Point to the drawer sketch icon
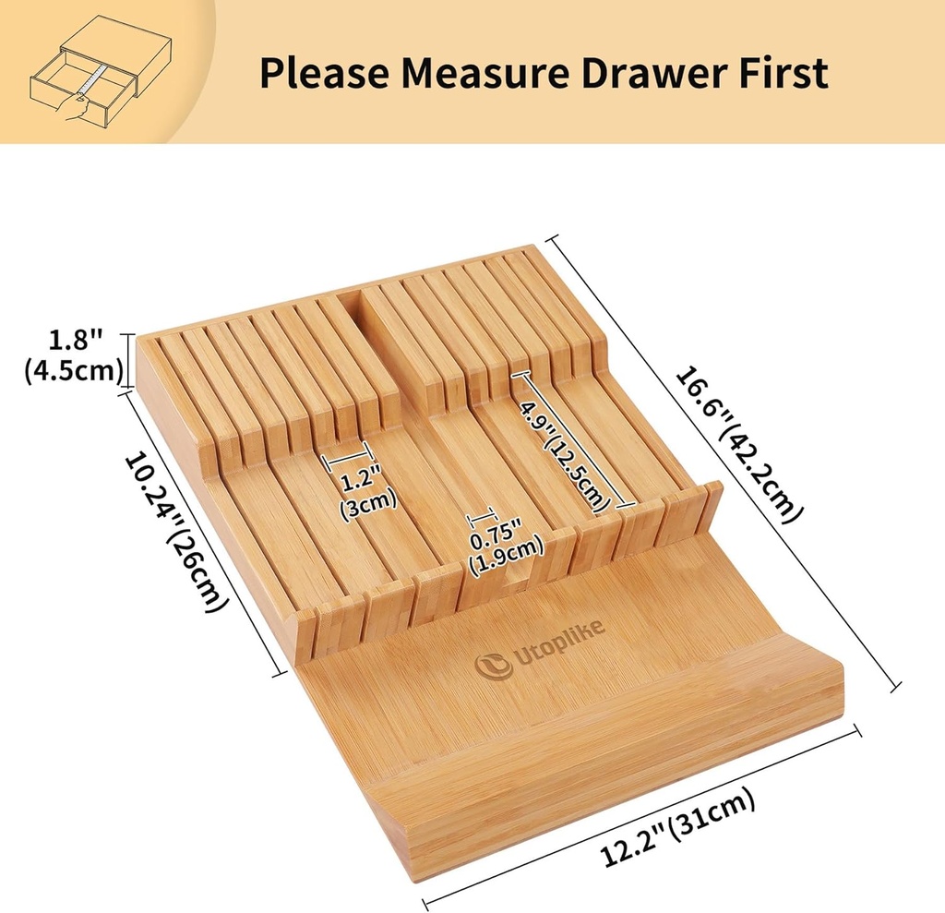[101, 72]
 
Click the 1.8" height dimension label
[75, 341]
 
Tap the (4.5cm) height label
[74, 370]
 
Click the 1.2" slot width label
[354, 480]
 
